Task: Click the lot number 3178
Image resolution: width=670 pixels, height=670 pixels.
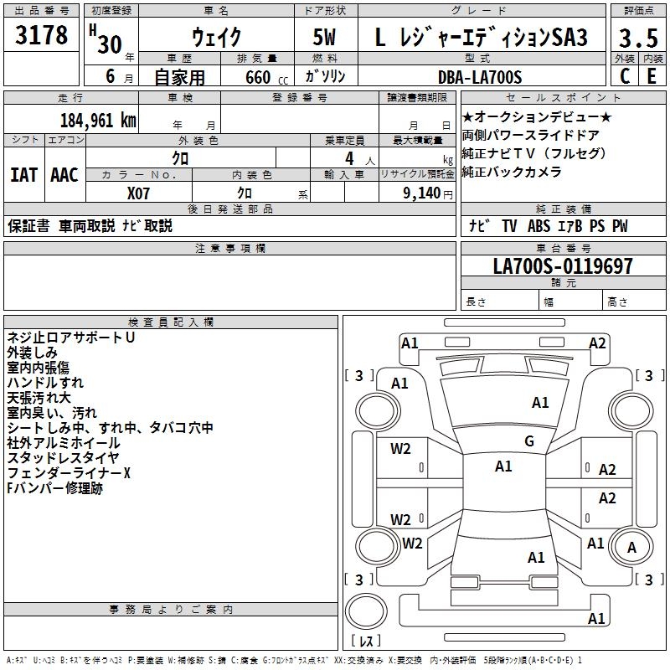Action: [x=42, y=36]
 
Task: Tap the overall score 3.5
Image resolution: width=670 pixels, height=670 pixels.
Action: [x=636, y=39]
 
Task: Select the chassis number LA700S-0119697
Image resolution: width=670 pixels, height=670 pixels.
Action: [x=563, y=266]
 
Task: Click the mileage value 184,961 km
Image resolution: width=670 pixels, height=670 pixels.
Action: [x=98, y=120]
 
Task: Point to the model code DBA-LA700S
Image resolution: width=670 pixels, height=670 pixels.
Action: [x=479, y=77]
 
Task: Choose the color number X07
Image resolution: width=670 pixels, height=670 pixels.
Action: [x=139, y=193]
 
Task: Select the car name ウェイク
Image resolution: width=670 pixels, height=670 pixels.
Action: [x=216, y=38]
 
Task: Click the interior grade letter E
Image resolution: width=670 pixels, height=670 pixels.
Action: [x=651, y=76]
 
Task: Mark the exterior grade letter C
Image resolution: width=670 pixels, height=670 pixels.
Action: [x=624, y=76]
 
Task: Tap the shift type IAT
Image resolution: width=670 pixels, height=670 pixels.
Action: [x=24, y=175]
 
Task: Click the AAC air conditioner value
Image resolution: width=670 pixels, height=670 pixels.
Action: [x=64, y=175]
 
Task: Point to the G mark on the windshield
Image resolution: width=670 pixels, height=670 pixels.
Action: [x=528, y=441]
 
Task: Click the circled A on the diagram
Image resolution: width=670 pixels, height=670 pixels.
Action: [x=631, y=547]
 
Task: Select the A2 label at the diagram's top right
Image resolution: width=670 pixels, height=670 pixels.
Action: [x=597, y=343]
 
